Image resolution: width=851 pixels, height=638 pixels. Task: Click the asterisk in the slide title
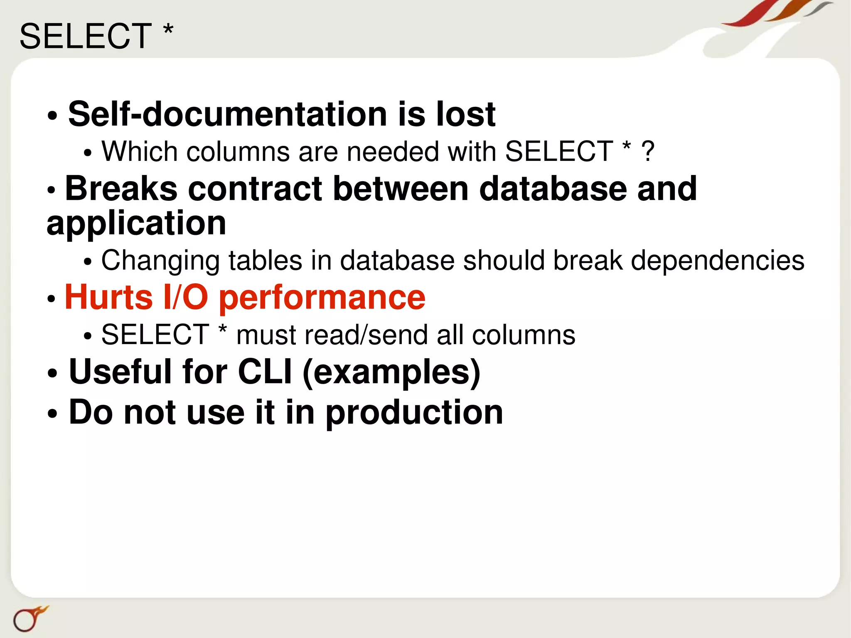(168, 30)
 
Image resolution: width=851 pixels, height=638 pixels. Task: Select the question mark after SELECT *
(648, 151)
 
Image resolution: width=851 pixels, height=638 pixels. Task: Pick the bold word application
(136, 224)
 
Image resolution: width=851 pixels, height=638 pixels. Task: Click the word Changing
(160, 261)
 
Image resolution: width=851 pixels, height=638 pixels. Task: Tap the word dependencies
(718, 261)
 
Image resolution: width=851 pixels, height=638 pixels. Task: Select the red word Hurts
(109, 297)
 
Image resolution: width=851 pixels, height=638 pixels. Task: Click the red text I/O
(186, 297)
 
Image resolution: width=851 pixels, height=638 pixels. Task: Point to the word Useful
(120, 371)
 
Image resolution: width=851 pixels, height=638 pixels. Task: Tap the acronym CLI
(265, 371)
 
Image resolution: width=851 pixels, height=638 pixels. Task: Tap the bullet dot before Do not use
(52, 414)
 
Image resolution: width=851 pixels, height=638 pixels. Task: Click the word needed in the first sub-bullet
(393, 151)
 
